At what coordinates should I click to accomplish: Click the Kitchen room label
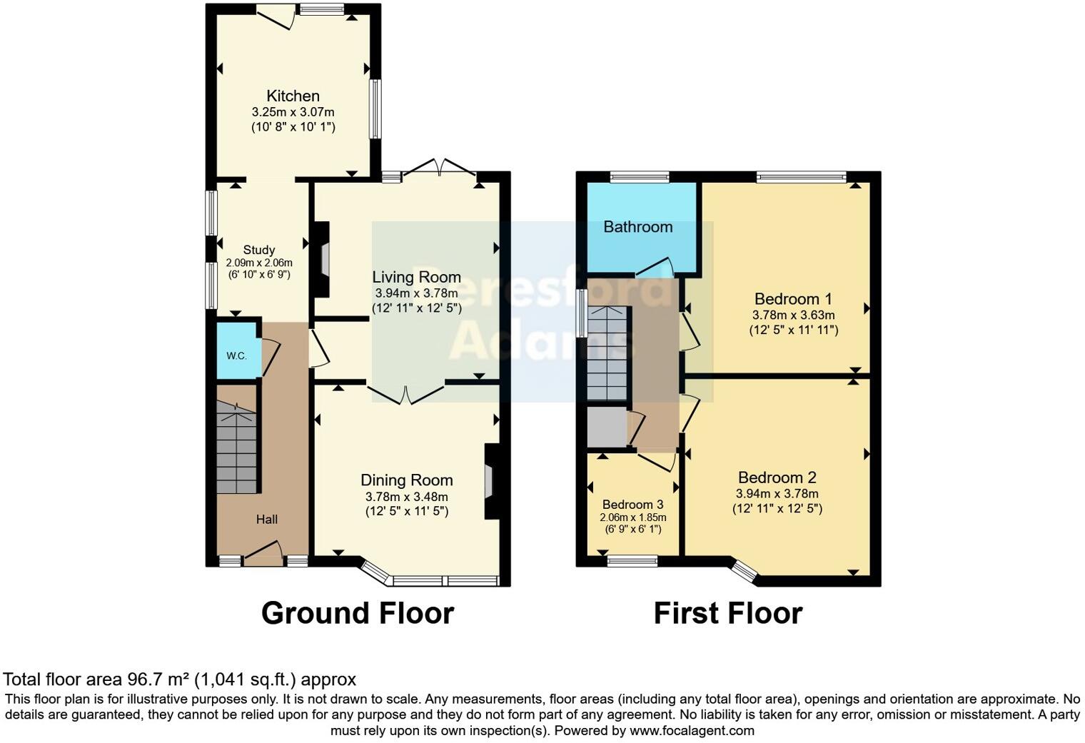[293, 96]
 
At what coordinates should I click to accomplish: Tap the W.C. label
[236, 356]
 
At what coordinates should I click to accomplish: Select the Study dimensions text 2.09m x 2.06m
[259, 263]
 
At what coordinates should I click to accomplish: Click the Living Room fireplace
[322, 259]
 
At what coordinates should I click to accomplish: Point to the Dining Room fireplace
[492, 481]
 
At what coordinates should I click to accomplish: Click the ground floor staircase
[236, 448]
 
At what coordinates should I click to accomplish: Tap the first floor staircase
[607, 353]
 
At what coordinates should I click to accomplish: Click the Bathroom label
[638, 227]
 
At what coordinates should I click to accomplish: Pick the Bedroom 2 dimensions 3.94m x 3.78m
[777, 494]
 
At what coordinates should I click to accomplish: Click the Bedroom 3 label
[632, 505]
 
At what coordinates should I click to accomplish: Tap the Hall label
[267, 519]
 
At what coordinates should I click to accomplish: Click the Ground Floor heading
[358, 612]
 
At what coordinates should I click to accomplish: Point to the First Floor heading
[728, 612]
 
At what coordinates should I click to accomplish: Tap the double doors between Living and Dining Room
[406, 393]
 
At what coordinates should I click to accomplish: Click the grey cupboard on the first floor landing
[607, 428]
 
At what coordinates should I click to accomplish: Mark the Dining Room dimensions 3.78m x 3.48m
[406, 497]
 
